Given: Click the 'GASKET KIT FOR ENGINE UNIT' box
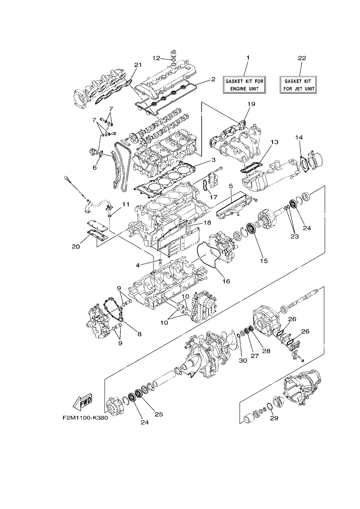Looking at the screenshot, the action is [x=244, y=85].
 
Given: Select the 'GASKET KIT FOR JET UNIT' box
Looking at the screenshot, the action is [x=298, y=85].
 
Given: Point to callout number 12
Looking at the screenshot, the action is [x=156, y=58].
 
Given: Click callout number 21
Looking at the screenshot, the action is [x=138, y=65].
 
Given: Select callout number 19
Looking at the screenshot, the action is [x=251, y=104].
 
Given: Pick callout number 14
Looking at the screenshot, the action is [x=299, y=137].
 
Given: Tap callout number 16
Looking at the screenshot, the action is [x=226, y=281].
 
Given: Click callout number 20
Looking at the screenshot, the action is [x=76, y=247].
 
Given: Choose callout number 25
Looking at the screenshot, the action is [x=159, y=414].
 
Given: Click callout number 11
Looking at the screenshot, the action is [x=126, y=204].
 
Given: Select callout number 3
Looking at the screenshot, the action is [x=213, y=160].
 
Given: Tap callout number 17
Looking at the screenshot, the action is [x=213, y=197].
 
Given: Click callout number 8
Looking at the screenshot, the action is [x=139, y=334].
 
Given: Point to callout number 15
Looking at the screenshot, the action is [x=264, y=261].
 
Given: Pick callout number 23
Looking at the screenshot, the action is [x=295, y=236].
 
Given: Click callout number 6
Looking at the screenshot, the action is [x=94, y=168].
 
